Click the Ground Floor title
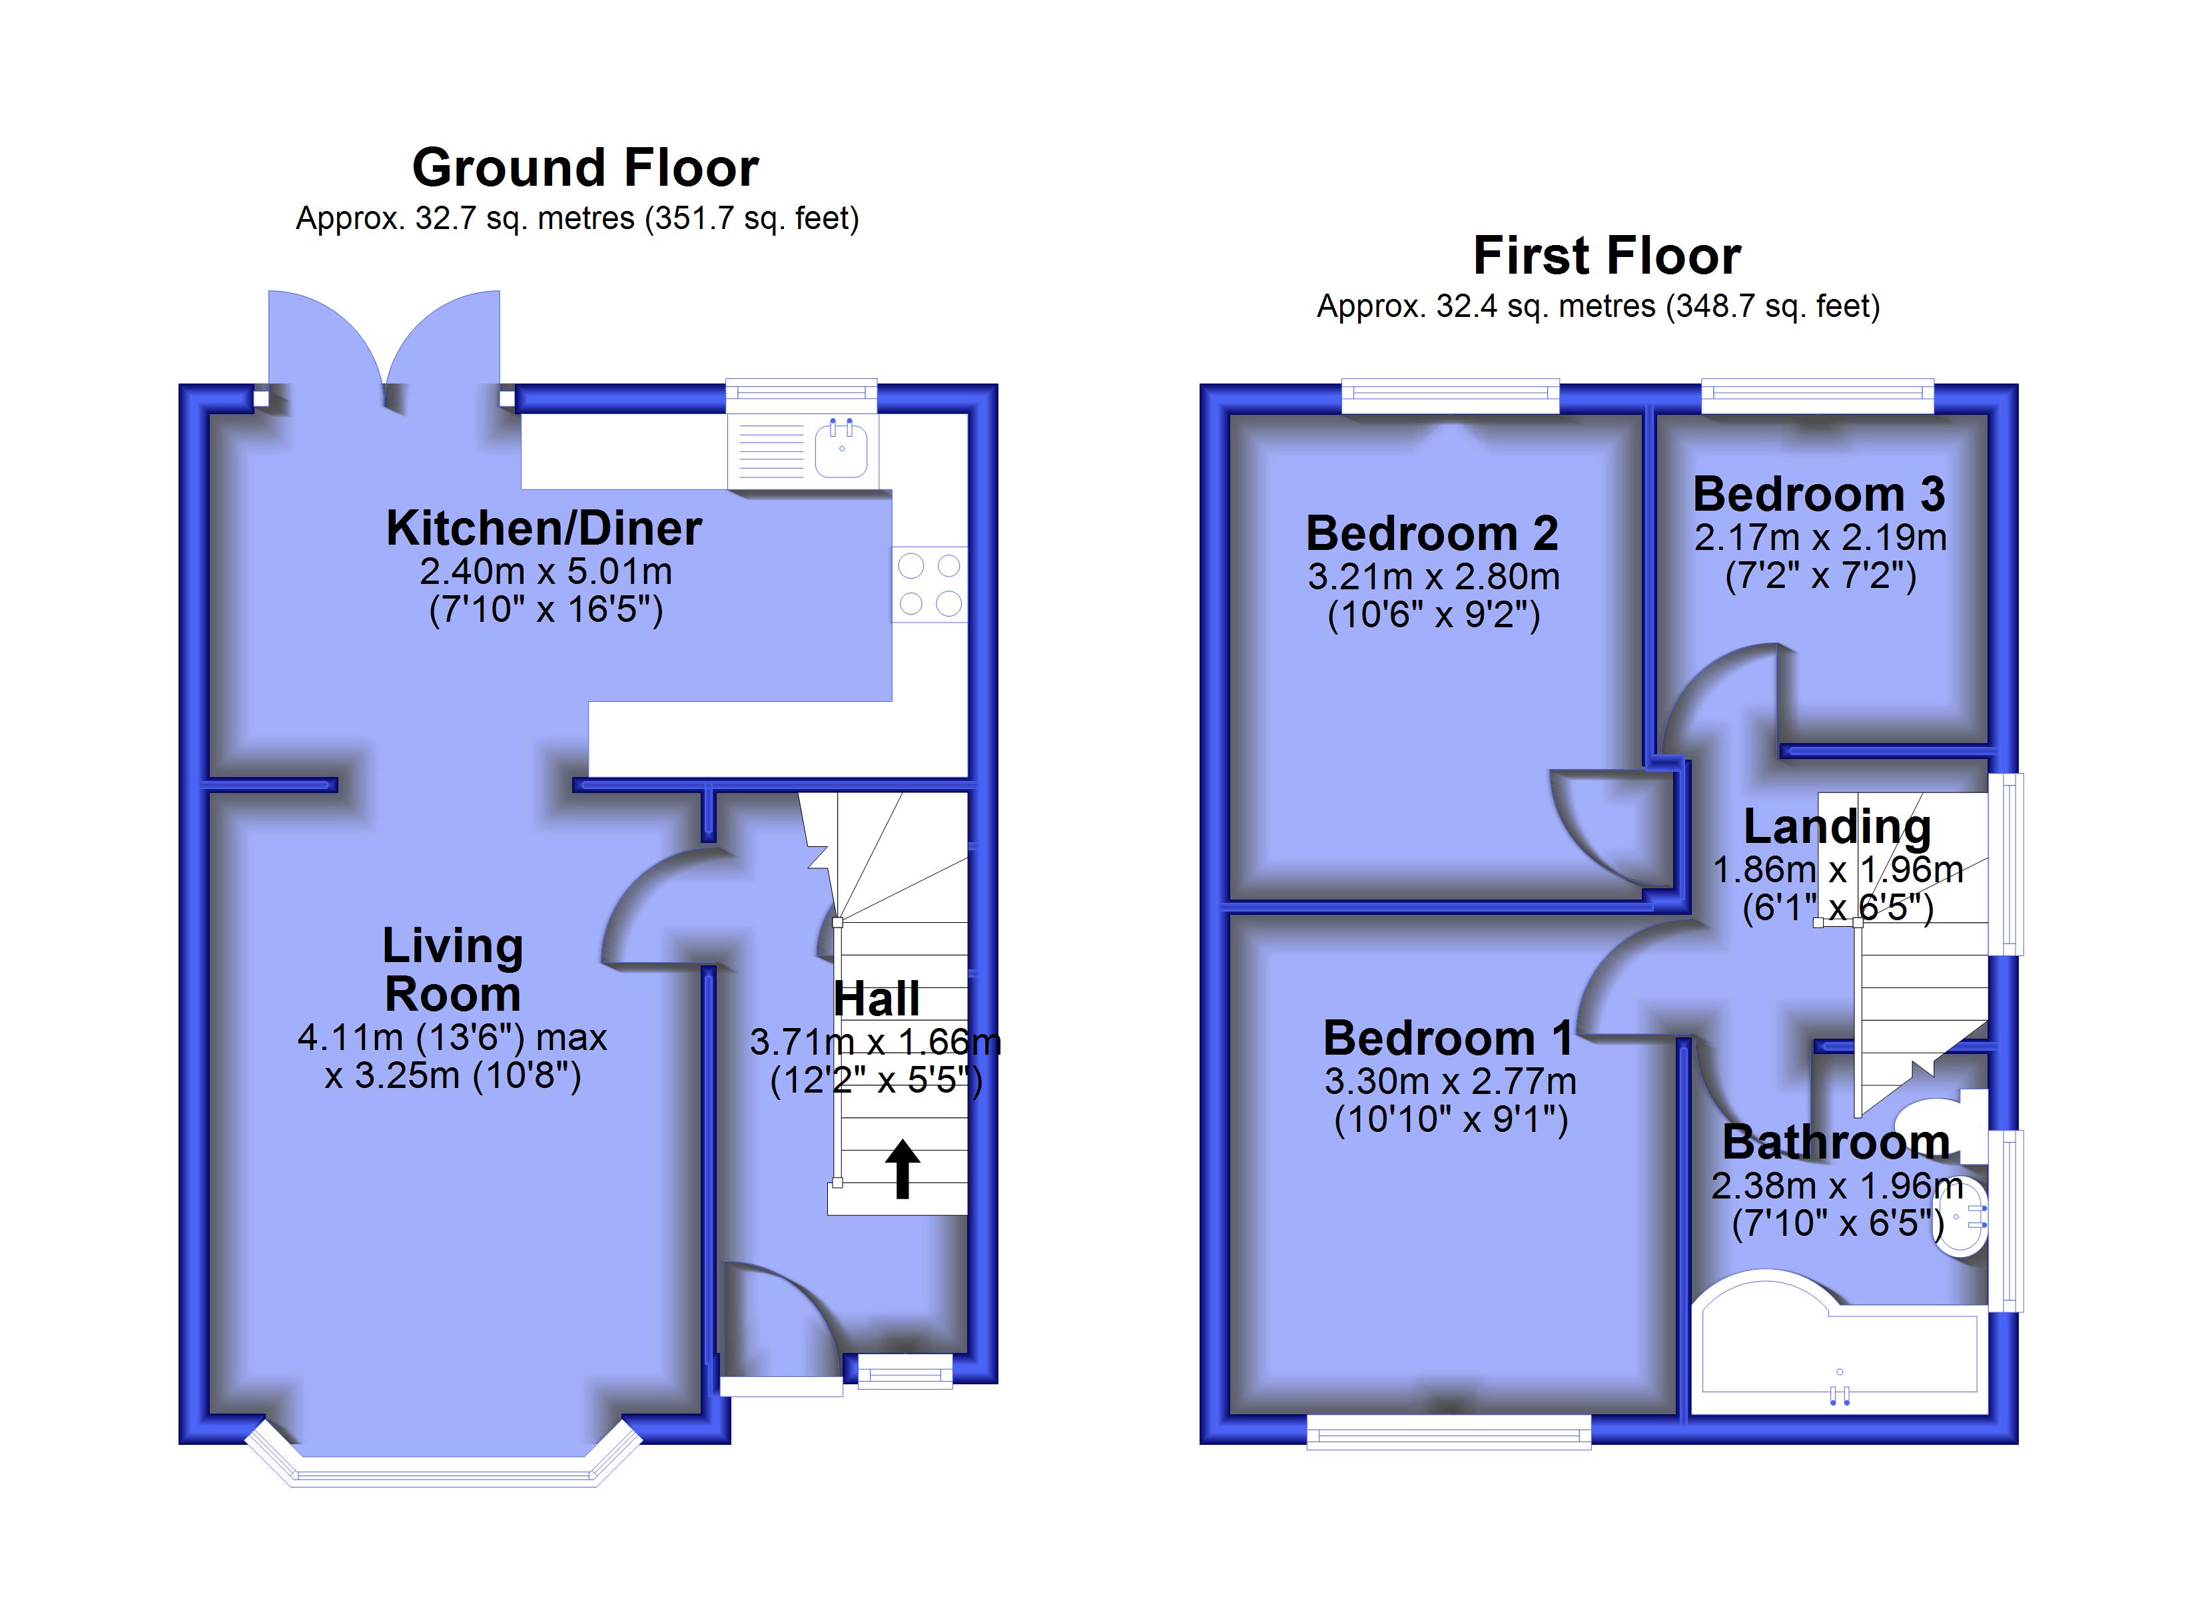[x=585, y=168]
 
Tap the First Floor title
[x=1607, y=256]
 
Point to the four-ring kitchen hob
[x=929, y=585]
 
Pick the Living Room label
[x=452, y=969]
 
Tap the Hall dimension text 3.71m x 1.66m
[x=875, y=1043]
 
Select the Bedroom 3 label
[x=1818, y=494]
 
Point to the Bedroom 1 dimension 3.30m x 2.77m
[x=1450, y=1081]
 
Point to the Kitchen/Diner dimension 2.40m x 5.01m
[x=546, y=572]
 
